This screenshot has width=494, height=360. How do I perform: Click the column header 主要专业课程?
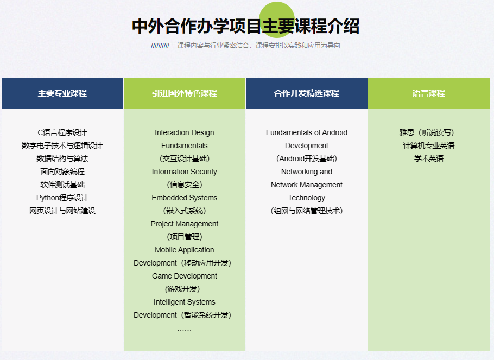pos(62,93)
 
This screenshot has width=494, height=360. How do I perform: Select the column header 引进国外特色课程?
pos(185,93)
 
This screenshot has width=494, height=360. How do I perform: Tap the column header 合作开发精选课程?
pos(307,93)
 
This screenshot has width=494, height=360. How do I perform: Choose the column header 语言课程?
pos(429,93)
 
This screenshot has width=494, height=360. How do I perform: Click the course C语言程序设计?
pos(62,132)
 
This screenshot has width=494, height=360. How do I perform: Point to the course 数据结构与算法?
pos(62,159)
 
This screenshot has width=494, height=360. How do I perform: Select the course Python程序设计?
pos(62,198)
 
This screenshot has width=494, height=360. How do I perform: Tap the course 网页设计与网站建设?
pos(62,211)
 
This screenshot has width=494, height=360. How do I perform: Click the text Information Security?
pos(185,172)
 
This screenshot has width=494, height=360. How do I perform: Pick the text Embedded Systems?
pos(185,198)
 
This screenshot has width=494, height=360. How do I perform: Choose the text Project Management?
pos(185,224)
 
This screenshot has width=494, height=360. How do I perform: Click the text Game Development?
pos(185,276)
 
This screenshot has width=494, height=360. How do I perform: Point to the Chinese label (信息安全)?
pos(185,185)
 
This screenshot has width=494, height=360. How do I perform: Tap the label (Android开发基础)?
pos(307,159)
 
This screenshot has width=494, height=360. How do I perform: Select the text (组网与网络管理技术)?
pos(307,211)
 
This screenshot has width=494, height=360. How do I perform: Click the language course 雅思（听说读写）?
pos(429,132)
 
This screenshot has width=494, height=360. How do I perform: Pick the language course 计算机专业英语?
pos(429,146)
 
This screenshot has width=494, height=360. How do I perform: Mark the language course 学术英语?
pos(429,159)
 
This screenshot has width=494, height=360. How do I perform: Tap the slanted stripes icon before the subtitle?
pos(160,46)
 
